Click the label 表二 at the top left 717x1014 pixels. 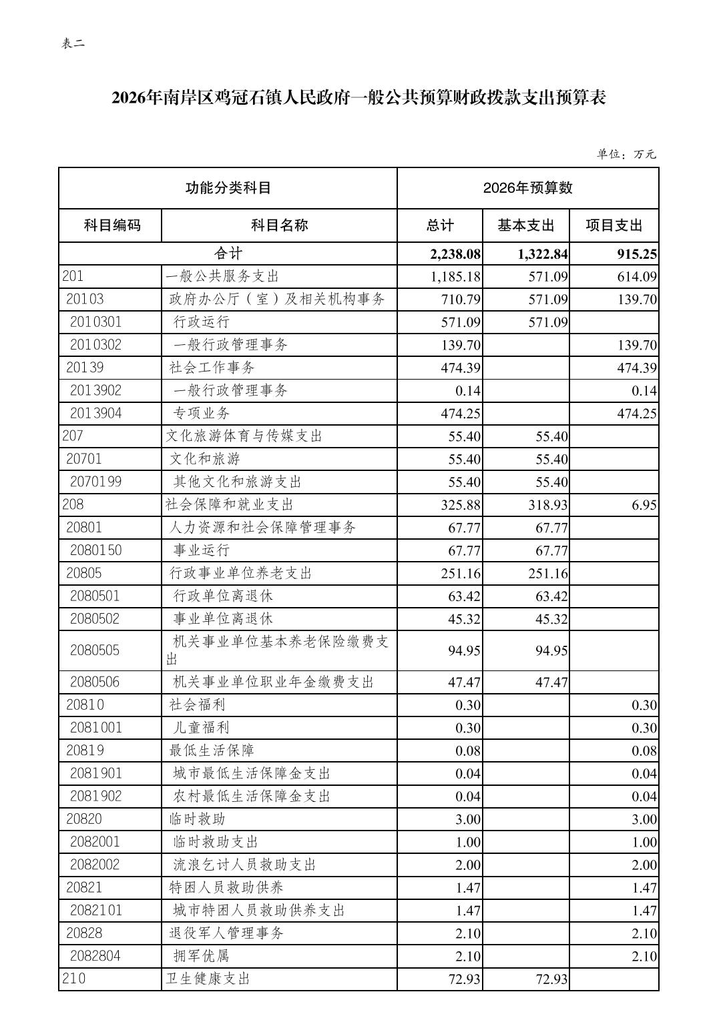pyautogui.click(x=73, y=44)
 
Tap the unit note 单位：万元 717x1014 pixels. pyautogui.click(x=626, y=154)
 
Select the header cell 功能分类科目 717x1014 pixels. pyautogui.click(x=228, y=188)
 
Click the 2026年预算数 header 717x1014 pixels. pyautogui.click(x=527, y=188)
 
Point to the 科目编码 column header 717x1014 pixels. pyautogui.click(x=111, y=225)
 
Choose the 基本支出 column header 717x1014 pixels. pyautogui.click(x=525, y=225)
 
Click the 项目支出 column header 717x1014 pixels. pyautogui.click(x=614, y=225)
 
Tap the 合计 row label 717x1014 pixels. pyautogui.click(x=228, y=253)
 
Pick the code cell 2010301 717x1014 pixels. pyautogui.click(x=96, y=322)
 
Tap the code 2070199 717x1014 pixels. pyautogui.click(x=96, y=482)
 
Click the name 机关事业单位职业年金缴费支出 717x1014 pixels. pyautogui.click(x=273, y=682)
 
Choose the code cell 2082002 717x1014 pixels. pyautogui.click(x=95, y=865)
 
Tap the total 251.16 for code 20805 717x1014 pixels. pyautogui.click(x=461, y=573)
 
